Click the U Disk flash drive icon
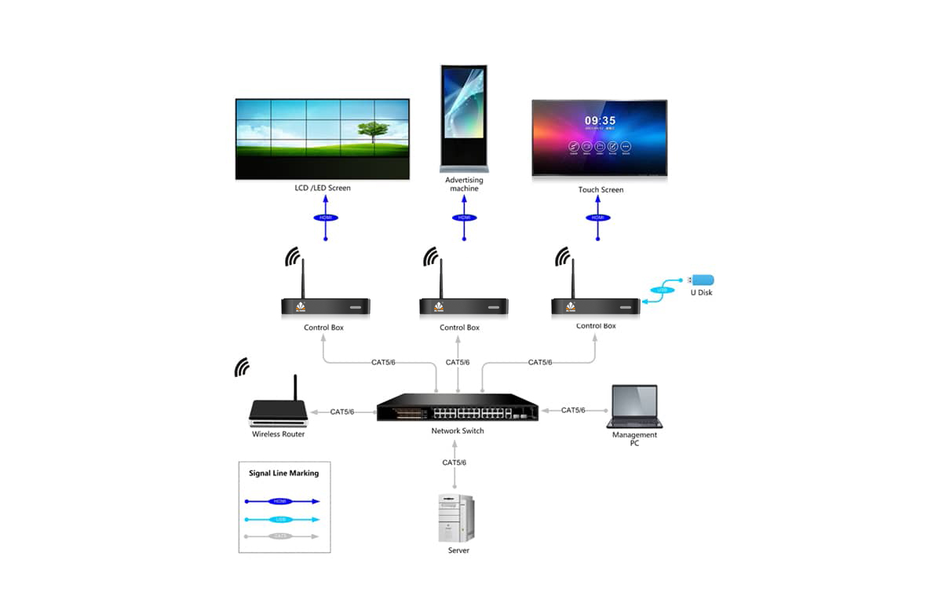tap(701, 280)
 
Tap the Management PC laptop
tap(634, 406)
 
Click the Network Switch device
tap(457, 408)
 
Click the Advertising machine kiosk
tap(464, 118)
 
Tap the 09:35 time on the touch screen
tap(600, 121)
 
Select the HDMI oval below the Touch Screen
tap(598, 218)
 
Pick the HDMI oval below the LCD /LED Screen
tap(325, 218)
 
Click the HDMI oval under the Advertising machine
tap(464, 218)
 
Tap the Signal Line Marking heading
tap(283, 474)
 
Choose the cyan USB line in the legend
tap(282, 519)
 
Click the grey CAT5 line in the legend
tap(282, 536)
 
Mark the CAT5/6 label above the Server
tap(454, 463)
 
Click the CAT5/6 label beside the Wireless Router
tap(341, 412)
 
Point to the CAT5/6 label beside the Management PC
tap(573, 410)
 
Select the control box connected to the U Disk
tap(595, 306)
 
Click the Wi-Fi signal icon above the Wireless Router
tap(243, 367)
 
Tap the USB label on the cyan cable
tap(661, 290)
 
